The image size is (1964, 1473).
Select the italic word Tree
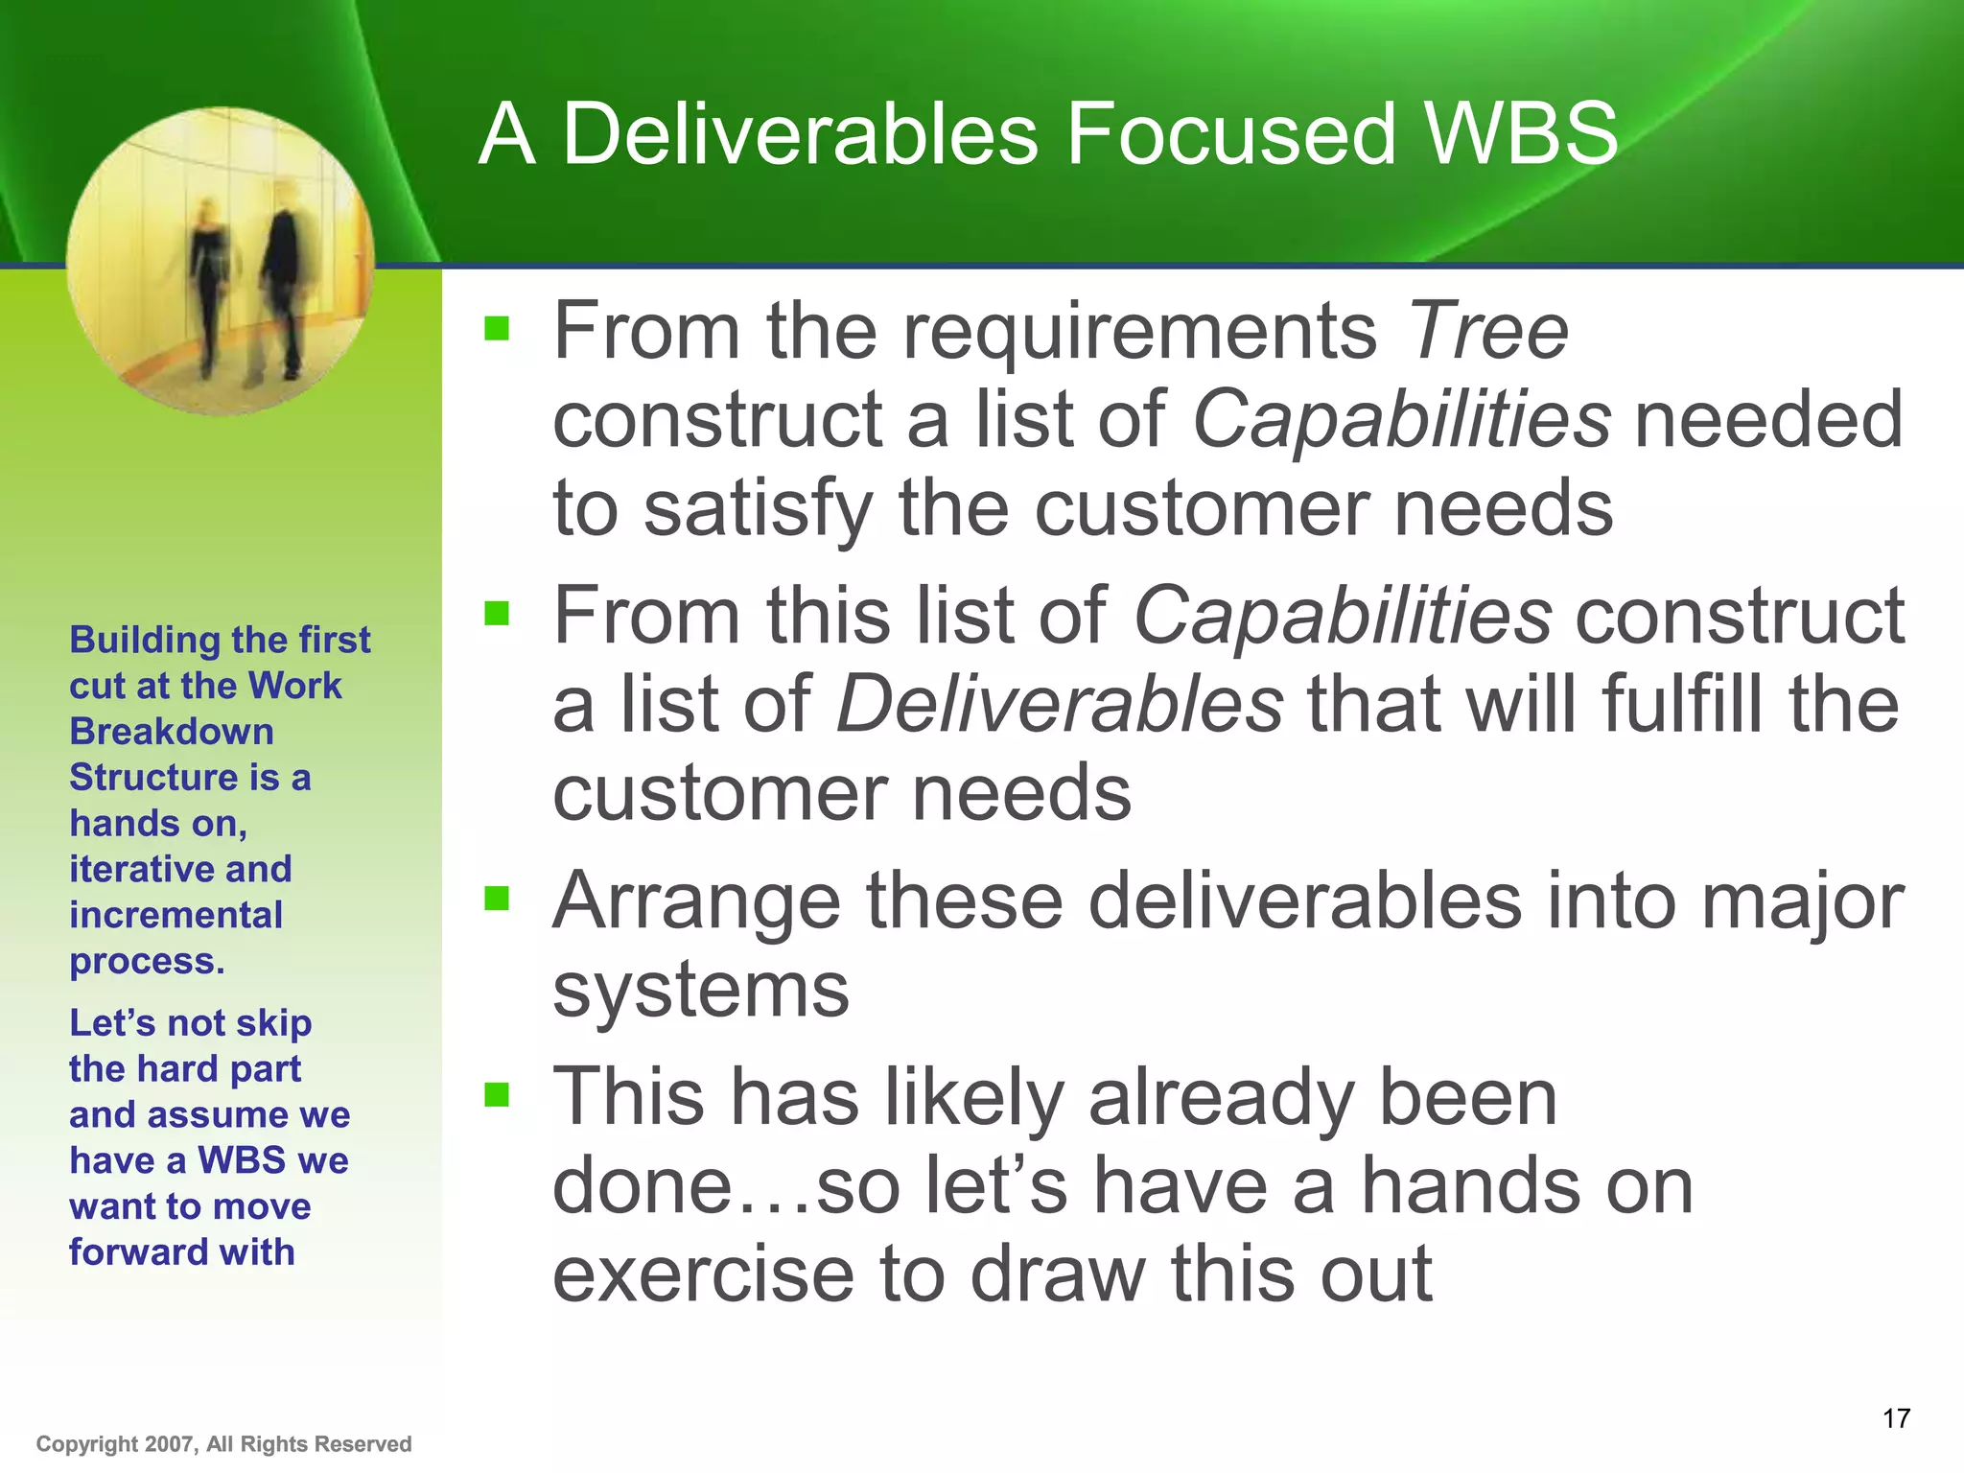(x=1487, y=331)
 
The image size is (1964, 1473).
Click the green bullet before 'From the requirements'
(x=497, y=330)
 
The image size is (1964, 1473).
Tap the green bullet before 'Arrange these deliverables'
(x=497, y=899)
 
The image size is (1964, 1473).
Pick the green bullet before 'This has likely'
(x=497, y=1094)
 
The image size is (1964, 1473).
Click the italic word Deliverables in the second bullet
(x=1060, y=705)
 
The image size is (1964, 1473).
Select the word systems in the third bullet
(x=701, y=992)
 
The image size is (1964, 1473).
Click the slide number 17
(x=1896, y=1418)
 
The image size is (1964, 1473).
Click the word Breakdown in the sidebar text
(x=172, y=732)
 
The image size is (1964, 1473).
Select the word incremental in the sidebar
(x=175, y=915)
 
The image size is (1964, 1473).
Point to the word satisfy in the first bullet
(x=757, y=510)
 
